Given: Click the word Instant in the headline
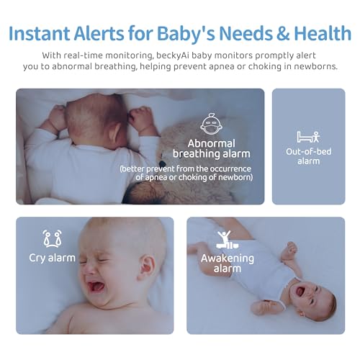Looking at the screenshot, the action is click(x=40, y=33).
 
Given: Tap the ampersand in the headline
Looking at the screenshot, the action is click(x=283, y=33).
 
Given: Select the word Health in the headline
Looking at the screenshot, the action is click(x=323, y=33).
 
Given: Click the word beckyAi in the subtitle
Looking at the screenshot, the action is click(x=172, y=56).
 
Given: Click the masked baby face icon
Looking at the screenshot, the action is click(x=211, y=124).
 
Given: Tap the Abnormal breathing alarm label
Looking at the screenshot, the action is click(x=211, y=148).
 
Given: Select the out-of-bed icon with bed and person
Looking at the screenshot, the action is click(x=308, y=137).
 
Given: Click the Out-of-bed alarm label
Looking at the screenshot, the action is click(x=308, y=156).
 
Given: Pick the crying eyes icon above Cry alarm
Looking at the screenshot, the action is click(x=52, y=238).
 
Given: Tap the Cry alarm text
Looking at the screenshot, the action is click(x=52, y=258).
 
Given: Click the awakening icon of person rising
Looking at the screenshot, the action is click(x=225, y=240).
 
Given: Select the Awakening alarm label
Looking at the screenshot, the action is click(x=228, y=264).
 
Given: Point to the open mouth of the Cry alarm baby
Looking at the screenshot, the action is click(x=96, y=287).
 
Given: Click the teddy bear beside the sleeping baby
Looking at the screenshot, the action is click(x=182, y=163).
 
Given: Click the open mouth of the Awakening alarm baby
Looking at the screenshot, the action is click(x=300, y=291).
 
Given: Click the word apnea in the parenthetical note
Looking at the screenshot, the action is click(x=153, y=178).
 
